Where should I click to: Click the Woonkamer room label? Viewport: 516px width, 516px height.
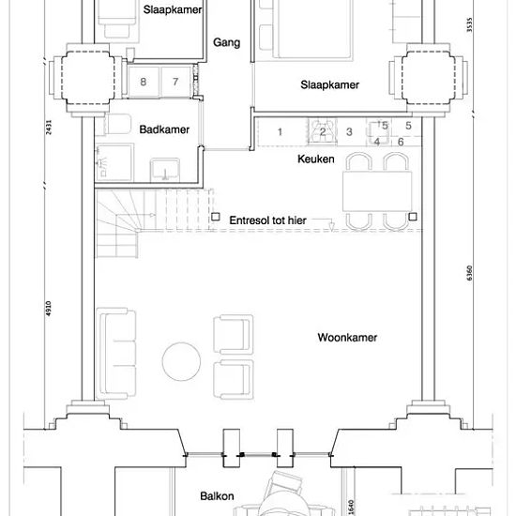coord(347,338)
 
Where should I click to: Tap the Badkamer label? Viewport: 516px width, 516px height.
coord(164,129)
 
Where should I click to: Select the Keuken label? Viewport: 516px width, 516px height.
coord(316,159)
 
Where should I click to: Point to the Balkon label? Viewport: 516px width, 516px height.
coord(217,496)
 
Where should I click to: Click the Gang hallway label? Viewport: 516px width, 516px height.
coord(226,43)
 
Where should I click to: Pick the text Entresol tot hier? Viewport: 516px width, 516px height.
coord(268,220)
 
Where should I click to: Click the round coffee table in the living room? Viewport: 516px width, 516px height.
coord(181,361)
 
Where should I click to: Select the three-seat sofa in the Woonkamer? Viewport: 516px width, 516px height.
coord(116,353)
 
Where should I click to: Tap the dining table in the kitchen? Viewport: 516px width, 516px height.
coord(377,191)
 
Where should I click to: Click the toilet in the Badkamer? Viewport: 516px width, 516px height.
coord(118,124)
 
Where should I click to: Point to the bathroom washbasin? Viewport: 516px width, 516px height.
coord(165,170)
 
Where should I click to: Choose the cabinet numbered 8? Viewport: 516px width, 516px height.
coord(144,82)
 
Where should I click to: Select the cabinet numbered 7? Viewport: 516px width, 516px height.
coord(175,82)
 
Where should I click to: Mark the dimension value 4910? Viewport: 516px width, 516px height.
coord(49,309)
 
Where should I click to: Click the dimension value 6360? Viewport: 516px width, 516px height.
coord(470,273)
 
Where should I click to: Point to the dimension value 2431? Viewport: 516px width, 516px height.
coord(49,128)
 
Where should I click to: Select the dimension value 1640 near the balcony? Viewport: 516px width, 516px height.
coord(351,508)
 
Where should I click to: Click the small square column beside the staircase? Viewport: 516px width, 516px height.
coord(216,217)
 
